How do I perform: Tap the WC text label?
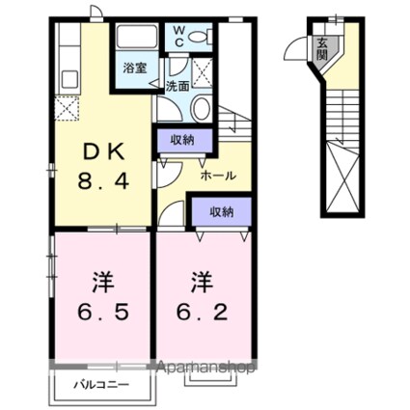pos(178,36)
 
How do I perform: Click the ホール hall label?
pos(213,178)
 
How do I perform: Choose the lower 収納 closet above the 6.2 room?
pos(221,210)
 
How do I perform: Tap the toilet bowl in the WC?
pos(200,38)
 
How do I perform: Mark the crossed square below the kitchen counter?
pos(67,108)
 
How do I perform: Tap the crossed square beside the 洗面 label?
pos(205,72)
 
